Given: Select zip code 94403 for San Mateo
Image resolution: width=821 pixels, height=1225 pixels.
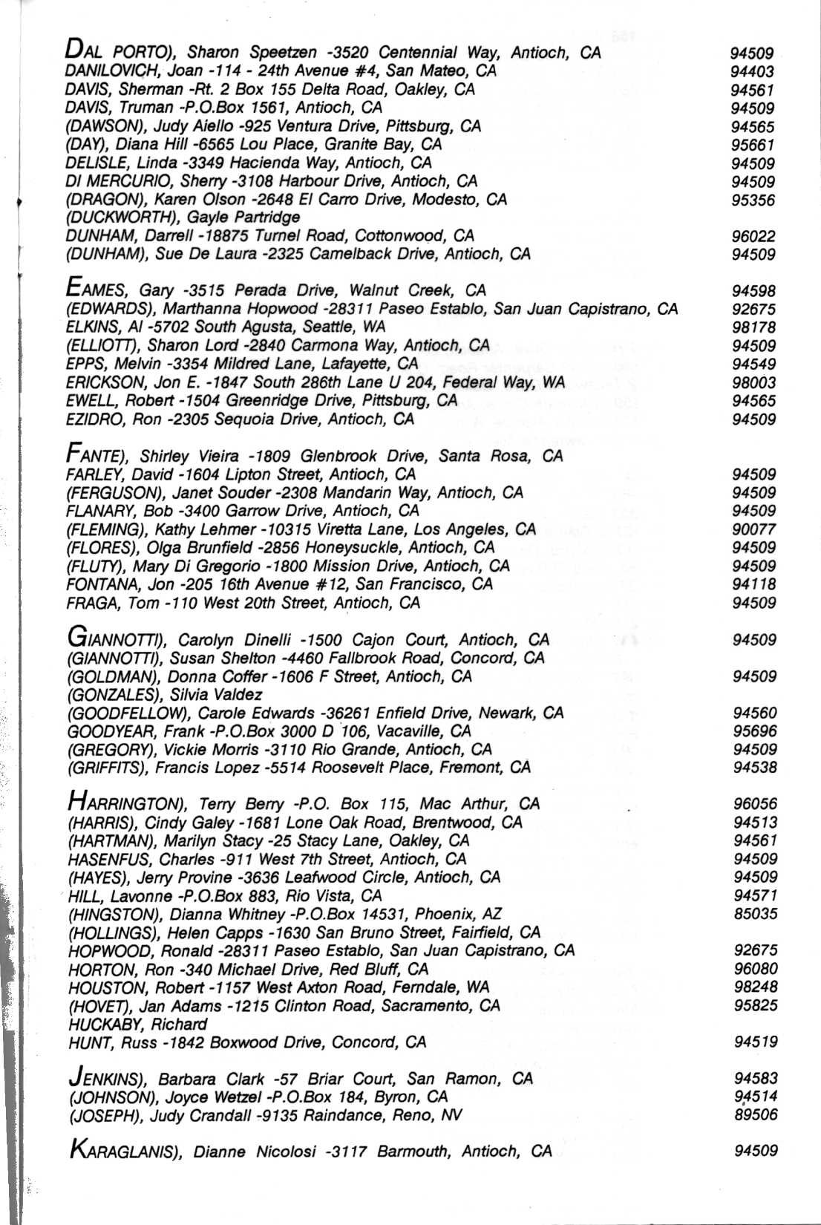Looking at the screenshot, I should tap(752, 72).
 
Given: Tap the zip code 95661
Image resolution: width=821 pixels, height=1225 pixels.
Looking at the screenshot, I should tap(753, 145).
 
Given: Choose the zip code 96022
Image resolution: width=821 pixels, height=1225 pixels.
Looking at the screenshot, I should tap(753, 236).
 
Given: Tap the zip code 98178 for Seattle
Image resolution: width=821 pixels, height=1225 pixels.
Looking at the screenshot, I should tap(753, 327).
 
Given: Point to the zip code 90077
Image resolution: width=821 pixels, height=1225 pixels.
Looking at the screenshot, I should tap(753, 529).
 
